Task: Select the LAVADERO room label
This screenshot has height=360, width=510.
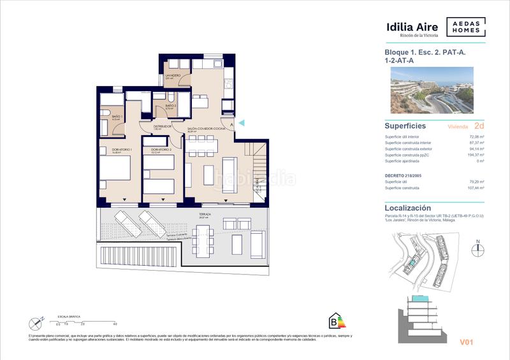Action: [173, 76]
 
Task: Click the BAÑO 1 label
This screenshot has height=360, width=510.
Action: [117, 117]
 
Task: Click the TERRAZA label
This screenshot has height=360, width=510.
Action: [204, 215]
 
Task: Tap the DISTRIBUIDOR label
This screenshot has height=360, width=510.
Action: [154, 126]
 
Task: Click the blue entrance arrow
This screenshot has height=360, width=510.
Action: [240, 122]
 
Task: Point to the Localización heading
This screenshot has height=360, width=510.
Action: [408, 208]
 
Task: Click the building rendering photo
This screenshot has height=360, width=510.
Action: [437, 92]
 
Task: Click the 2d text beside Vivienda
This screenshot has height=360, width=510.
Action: [479, 126]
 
